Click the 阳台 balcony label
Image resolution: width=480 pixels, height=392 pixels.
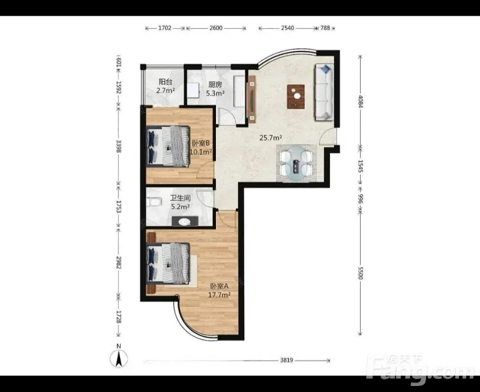point(166,82)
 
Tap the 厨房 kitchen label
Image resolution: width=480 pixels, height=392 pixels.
point(215,85)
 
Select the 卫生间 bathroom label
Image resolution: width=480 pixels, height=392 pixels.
point(181,198)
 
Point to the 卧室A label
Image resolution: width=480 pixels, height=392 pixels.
point(219,286)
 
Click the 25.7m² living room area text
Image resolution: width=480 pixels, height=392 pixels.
point(271,138)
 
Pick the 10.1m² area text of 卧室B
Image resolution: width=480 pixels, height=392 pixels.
point(201,152)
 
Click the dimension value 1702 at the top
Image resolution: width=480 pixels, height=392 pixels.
point(164,28)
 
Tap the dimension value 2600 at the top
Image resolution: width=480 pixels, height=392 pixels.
point(216,28)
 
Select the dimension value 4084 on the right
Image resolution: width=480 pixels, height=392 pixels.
point(361,101)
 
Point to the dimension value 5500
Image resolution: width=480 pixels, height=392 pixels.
point(361,273)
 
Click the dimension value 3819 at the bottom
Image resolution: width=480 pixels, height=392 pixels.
point(287,360)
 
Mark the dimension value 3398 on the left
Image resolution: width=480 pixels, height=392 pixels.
point(119,146)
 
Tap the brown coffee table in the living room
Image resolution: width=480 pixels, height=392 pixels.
point(296,97)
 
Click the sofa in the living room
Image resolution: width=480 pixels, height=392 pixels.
point(324,92)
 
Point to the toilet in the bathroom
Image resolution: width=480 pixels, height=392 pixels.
point(154,202)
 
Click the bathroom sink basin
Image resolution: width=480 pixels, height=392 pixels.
point(185,222)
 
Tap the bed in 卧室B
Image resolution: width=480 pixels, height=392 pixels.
point(168,146)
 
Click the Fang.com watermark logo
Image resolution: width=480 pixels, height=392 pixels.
point(420,370)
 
